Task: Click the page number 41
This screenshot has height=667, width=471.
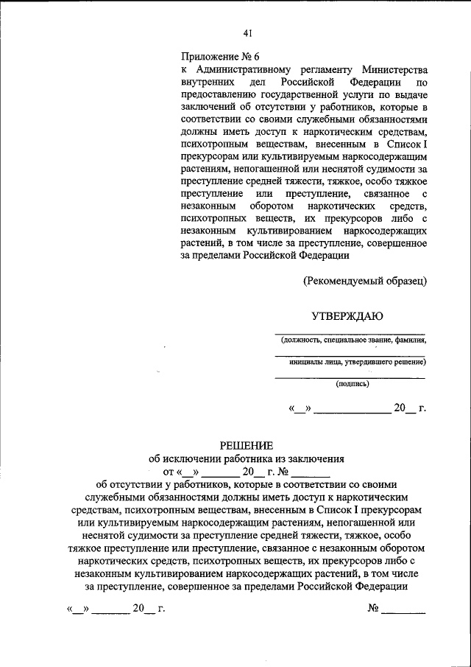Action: click(247, 32)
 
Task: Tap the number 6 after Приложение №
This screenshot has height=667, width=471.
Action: click(257, 56)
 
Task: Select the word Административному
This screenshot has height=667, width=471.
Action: click(242, 69)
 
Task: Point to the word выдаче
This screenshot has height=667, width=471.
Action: click(410, 95)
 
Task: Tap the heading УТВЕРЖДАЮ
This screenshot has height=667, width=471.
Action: click(347, 317)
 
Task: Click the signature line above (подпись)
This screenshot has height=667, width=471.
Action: click(350, 377)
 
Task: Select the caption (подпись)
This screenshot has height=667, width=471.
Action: click(352, 383)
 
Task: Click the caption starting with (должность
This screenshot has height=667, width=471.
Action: click(352, 341)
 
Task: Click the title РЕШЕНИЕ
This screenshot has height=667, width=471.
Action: click(247, 445)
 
